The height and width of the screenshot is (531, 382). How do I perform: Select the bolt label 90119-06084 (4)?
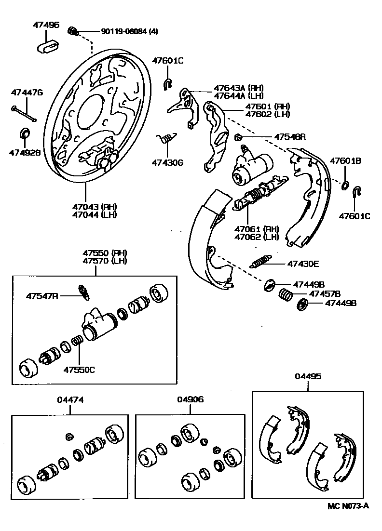129,32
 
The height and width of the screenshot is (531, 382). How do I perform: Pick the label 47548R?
290,137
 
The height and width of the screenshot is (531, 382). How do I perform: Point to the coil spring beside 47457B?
286,294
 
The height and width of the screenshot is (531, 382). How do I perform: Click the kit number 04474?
71,399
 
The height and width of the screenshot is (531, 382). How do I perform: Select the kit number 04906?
190,399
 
